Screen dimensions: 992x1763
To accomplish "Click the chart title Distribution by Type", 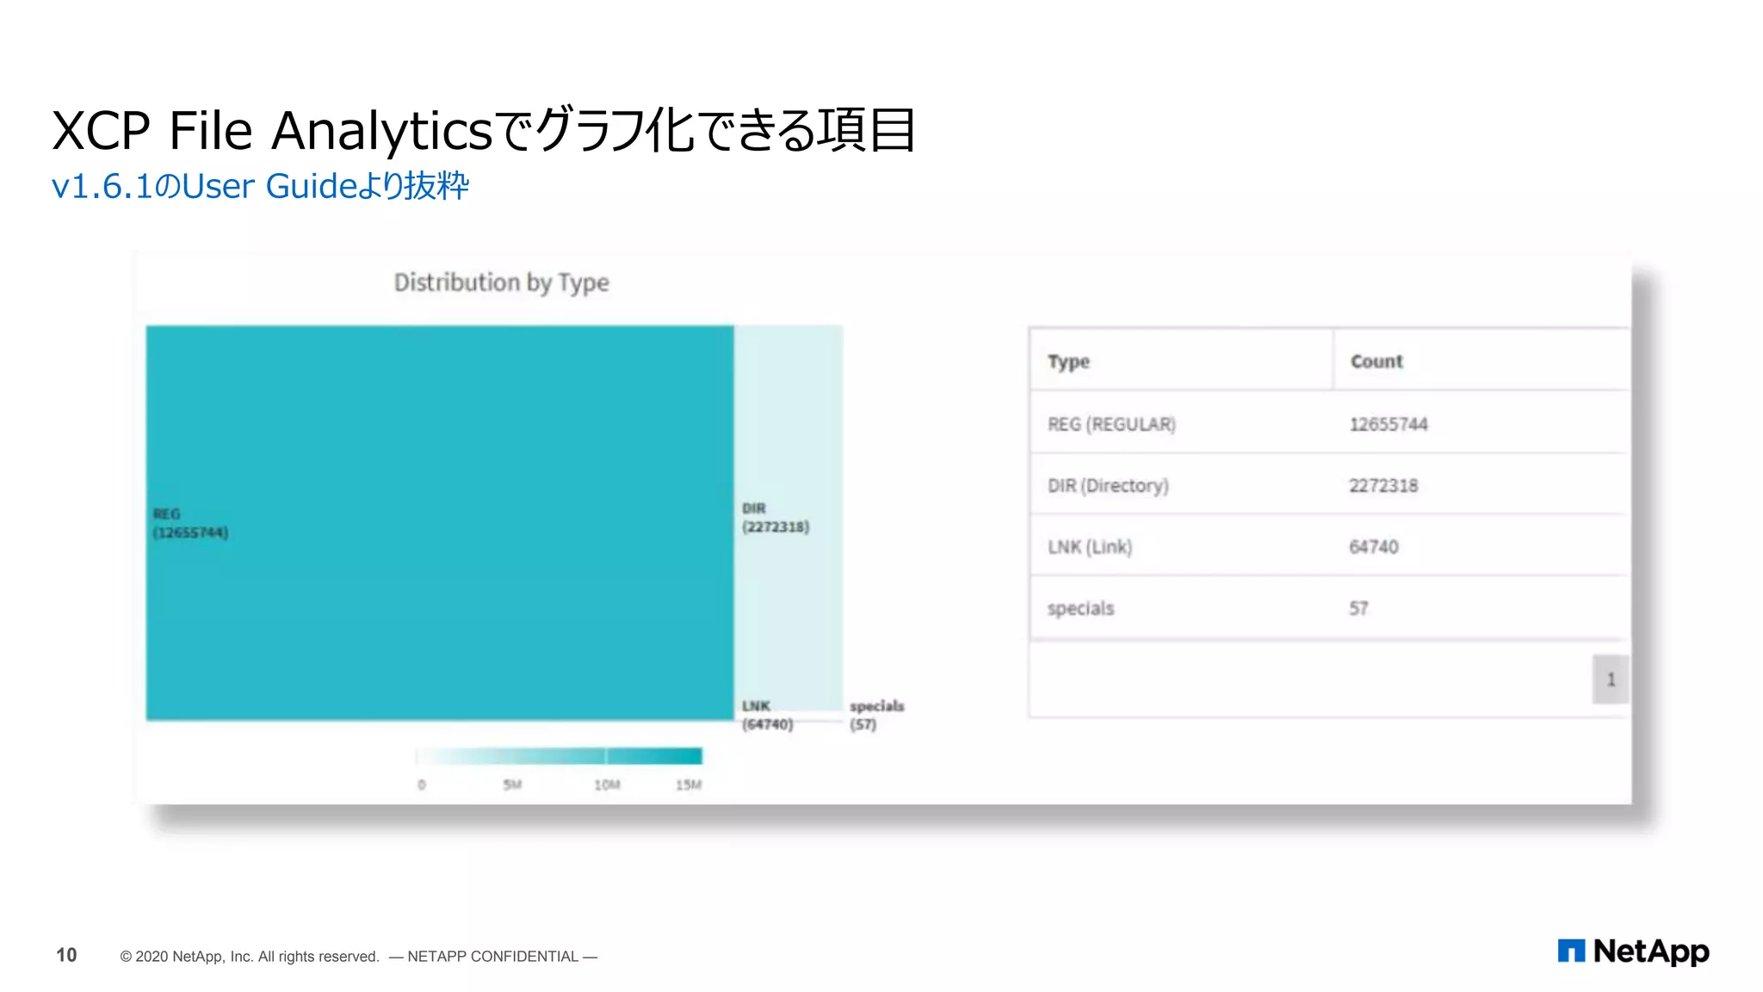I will [x=501, y=282].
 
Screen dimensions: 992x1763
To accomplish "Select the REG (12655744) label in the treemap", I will [x=190, y=524].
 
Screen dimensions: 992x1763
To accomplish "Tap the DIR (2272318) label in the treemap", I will [x=775, y=518].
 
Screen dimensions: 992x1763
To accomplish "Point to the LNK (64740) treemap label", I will [x=767, y=715].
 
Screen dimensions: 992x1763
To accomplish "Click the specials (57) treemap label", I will [x=876, y=715].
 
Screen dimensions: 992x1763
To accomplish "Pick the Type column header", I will [x=1068, y=362].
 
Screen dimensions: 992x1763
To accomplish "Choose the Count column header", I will [x=1376, y=362].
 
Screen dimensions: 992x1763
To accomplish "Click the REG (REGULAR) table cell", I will [x=1110, y=425].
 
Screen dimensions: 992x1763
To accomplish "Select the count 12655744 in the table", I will [x=1388, y=425].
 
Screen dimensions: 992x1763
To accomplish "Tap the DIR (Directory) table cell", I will [x=1108, y=486].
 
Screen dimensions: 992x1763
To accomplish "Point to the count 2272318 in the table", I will [x=1383, y=486].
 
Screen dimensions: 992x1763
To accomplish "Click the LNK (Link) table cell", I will [x=1089, y=547].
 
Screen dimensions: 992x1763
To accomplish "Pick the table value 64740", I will [x=1373, y=547].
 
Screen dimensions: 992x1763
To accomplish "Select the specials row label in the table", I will [x=1080, y=609].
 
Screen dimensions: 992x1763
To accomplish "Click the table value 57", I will [x=1358, y=609].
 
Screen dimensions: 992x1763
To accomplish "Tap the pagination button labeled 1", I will [x=1610, y=679].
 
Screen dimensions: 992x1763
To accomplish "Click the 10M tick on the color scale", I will [x=607, y=784].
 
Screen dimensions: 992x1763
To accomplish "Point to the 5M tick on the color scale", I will [x=512, y=784].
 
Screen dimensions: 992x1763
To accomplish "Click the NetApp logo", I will [x=1633, y=952].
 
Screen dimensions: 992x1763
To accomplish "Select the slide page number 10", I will [x=66, y=955].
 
